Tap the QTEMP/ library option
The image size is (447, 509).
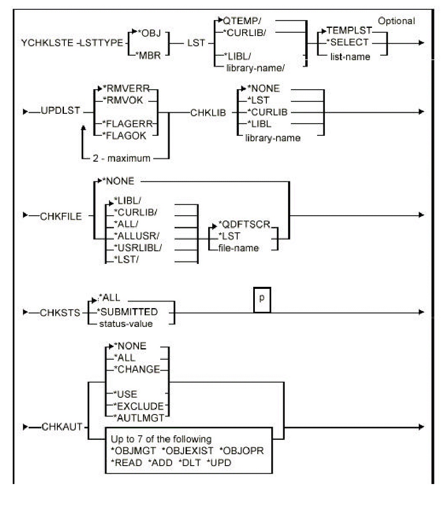pos(242,21)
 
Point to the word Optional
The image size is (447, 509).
pos(396,21)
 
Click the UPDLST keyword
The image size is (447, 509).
pos(60,111)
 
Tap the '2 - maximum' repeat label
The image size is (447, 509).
pos(121,159)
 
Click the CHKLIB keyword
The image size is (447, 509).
pos(208,113)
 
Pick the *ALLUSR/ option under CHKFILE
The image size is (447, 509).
pos(136,236)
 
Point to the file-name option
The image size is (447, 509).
pos(238,248)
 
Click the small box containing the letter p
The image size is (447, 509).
pos(262,300)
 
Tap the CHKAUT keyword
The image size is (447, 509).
pos(62,427)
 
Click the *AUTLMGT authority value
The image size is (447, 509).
pos(141,418)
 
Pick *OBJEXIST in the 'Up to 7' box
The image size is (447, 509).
pos(188,451)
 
